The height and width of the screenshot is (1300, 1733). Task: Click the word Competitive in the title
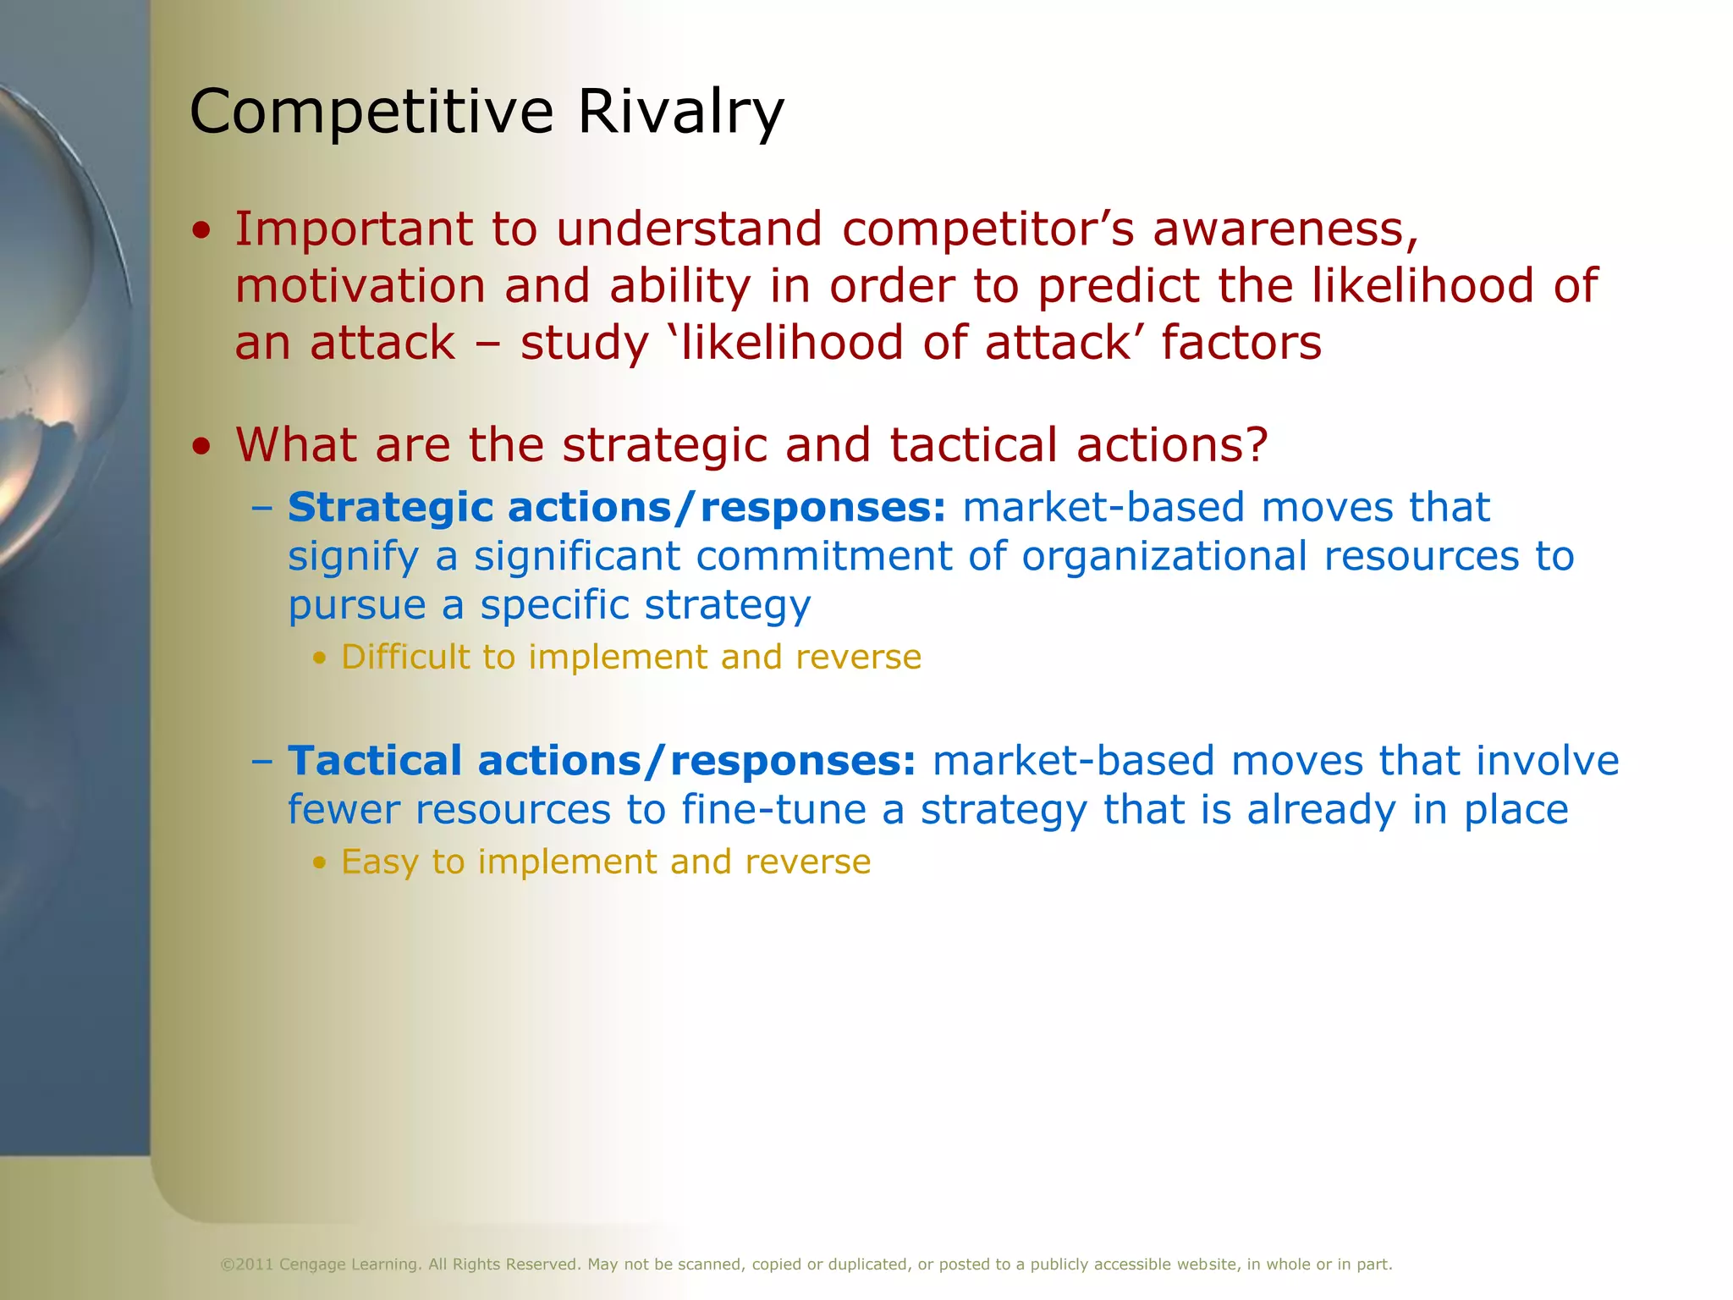click(371, 112)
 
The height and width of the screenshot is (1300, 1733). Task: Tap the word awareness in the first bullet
click(1285, 229)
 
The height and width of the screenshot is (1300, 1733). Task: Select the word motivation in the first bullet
click(360, 286)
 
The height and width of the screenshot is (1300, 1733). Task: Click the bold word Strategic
click(390, 508)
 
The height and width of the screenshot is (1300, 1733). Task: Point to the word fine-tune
click(773, 809)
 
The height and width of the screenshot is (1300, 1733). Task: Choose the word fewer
click(343, 809)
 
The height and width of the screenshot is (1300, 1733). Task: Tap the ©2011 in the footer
click(247, 1264)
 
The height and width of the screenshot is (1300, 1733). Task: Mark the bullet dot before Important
click(201, 231)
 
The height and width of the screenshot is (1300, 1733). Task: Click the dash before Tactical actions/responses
click(262, 760)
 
